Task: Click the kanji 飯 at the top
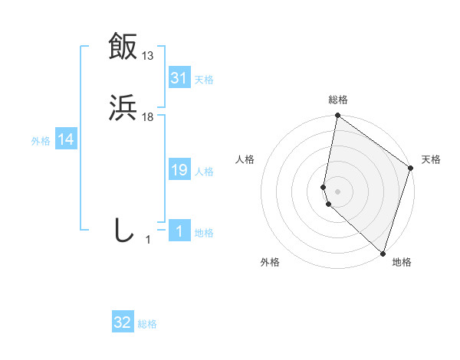pyautogui.click(x=123, y=45)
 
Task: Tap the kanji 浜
pyautogui.click(x=123, y=108)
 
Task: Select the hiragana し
pyautogui.click(x=123, y=231)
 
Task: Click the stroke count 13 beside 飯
pyautogui.click(x=148, y=55)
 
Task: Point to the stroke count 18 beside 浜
pyautogui.click(x=148, y=117)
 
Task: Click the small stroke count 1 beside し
pyautogui.click(x=148, y=240)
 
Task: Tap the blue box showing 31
pyautogui.click(x=179, y=77)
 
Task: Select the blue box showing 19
pyautogui.click(x=179, y=170)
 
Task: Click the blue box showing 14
pyautogui.click(x=66, y=139)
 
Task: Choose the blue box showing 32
pyautogui.click(x=123, y=322)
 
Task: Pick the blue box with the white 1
pyautogui.click(x=179, y=231)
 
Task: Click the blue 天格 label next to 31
pyautogui.click(x=204, y=80)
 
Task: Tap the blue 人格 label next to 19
pyautogui.click(x=204, y=172)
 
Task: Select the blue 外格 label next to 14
pyautogui.click(x=41, y=141)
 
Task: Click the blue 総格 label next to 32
pyautogui.click(x=147, y=324)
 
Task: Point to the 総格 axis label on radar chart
pyautogui.click(x=338, y=100)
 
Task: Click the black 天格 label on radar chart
pyautogui.click(x=431, y=159)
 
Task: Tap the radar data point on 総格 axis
pyautogui.click(x=338, y=116)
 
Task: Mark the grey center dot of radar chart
pyautogui.click(x=338, y=190)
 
